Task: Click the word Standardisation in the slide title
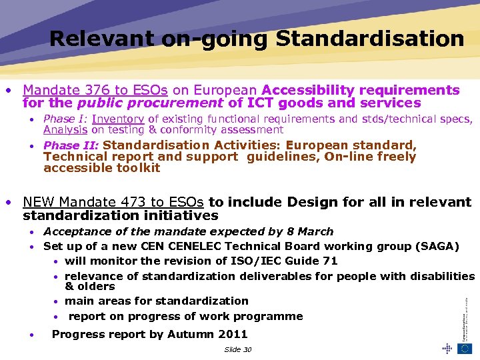[x=370, y=39]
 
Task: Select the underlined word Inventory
[x=118, y=119]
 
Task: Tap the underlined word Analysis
[x=65, y=130]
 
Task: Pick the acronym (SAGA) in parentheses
[x=437, y=246]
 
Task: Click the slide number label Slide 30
[x=238, y=349]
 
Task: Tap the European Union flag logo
[x=465, y=348]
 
